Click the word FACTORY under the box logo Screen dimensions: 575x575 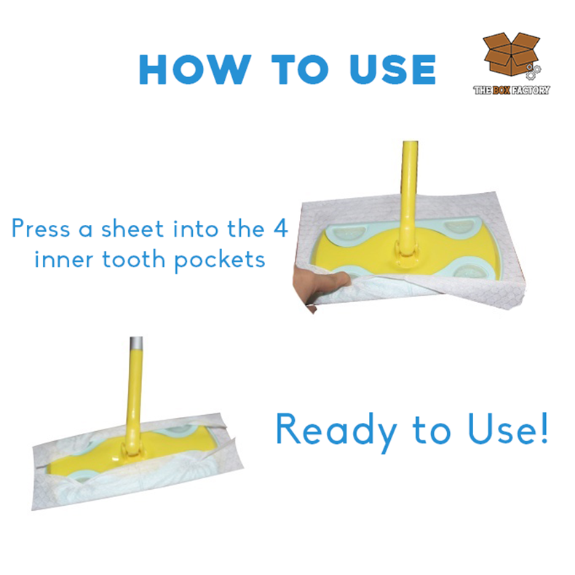click(531, 90)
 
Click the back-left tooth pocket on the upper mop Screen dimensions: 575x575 click(344, 234)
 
